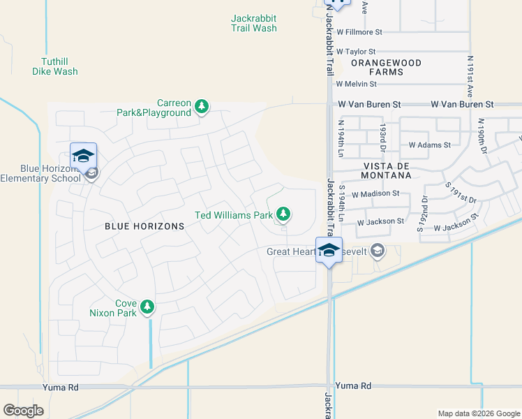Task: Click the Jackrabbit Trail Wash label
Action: click(x=254, y=23)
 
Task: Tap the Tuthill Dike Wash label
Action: click(x=54, y=66)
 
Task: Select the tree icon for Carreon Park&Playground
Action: click(x=202, y=106)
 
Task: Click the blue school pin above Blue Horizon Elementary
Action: click(x=83, y=155)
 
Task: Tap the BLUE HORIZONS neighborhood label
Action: click(x=144, y=226)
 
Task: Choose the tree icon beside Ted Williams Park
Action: click(x=283, y=214)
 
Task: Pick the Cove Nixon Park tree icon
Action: click(x=147, y=306)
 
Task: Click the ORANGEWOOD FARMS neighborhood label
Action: click(x=387, y=67)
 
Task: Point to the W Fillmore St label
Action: click(x=359, y=32)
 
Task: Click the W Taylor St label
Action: click(x=356, y=52)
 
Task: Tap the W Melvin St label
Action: click(x=356, y=84)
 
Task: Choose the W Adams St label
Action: click(x=430, y=145)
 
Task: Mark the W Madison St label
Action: click(x=375, y=194)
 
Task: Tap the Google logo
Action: click(x=23, y=411)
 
